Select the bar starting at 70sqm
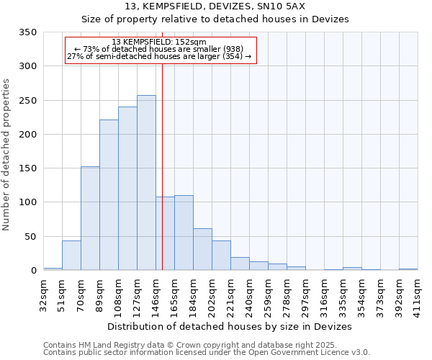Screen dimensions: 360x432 (x=90, y=218)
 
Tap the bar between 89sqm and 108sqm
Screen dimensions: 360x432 (x=109, y=194)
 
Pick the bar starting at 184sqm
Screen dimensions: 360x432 (x=202, y=249)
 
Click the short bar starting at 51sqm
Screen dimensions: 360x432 (x=71, y=256)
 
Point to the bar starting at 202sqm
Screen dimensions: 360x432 (x=221, y=256)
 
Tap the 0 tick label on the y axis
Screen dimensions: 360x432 (x=33, y=271)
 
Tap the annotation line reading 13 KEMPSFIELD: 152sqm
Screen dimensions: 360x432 (x=160, y=42)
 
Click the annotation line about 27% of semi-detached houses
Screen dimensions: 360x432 (x=160, y=56)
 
